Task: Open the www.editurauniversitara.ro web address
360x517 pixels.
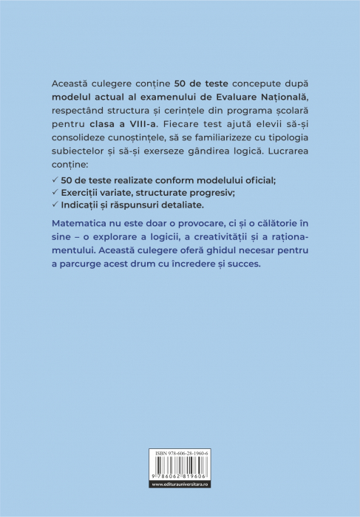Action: [x=180, y=504]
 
